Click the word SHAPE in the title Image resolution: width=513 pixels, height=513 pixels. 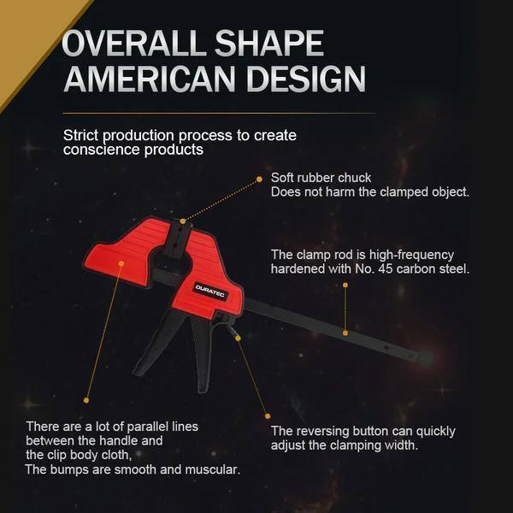[x=269, y=44]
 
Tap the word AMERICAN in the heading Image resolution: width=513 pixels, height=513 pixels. [x=150, y=79]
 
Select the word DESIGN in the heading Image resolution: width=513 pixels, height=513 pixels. [x=306, y=79]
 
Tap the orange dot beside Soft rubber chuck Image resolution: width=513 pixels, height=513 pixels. [x=259, y=179]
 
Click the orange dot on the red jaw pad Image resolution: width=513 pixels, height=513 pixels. [x=121, y=263]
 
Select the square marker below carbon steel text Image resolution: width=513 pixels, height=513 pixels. [x=345, y=286]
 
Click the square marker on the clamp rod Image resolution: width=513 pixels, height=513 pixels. [x=345, y=333]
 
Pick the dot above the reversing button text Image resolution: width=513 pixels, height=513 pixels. [x=268, y=416]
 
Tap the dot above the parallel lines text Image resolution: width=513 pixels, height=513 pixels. [x=86, y=400]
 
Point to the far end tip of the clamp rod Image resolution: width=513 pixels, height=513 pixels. [x=426, y=358]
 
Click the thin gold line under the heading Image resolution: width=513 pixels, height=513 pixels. [x=219, y=114]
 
